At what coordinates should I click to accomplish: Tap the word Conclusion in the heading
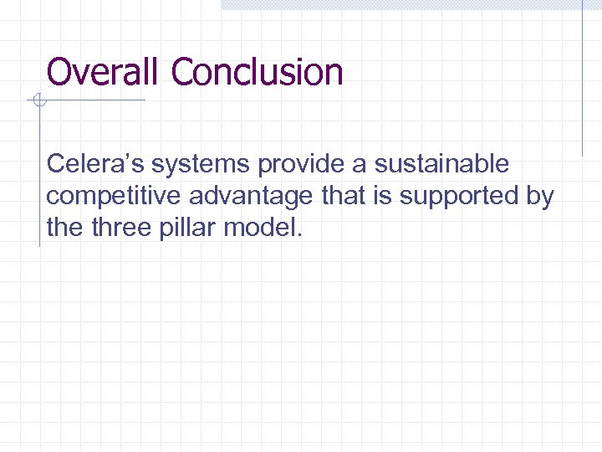pos(257,72)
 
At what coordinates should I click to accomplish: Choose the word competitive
pos(115,196)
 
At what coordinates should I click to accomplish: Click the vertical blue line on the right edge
pos(583,80)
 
